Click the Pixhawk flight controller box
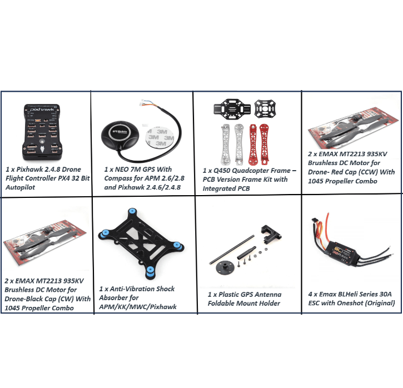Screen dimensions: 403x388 [x=43, y=132]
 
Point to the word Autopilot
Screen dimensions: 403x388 [x=21, y=187]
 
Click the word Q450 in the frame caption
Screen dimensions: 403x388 [x=222, y=171]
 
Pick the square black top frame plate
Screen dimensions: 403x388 [x=265, y=109]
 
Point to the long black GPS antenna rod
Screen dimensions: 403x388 [x=232, y=250]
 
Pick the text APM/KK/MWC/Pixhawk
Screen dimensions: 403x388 [x=138, y=307]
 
